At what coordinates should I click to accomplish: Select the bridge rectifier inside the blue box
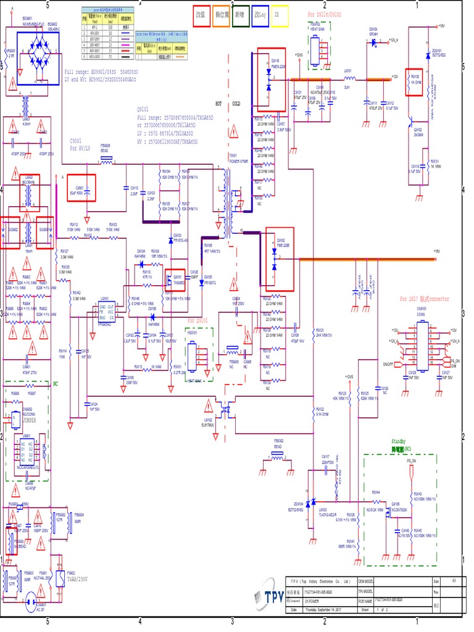click(38, 53)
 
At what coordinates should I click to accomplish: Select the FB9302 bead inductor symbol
click(278, 457)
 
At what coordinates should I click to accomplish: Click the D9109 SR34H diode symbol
click(373, 39)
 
